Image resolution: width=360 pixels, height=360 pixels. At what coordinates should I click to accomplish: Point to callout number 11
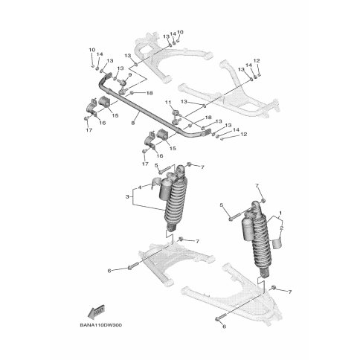tap(168, 101)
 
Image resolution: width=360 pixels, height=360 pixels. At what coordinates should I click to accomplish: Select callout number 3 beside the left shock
tap(127, 197)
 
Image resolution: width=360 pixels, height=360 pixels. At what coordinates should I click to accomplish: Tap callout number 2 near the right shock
tap(282, 228)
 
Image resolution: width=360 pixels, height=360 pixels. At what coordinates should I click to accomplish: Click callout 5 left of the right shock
tap(220, 205)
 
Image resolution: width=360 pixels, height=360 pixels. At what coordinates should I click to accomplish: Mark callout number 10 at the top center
tap(179, 33)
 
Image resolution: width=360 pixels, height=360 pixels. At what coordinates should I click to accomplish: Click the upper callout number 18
tap(150, 93)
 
